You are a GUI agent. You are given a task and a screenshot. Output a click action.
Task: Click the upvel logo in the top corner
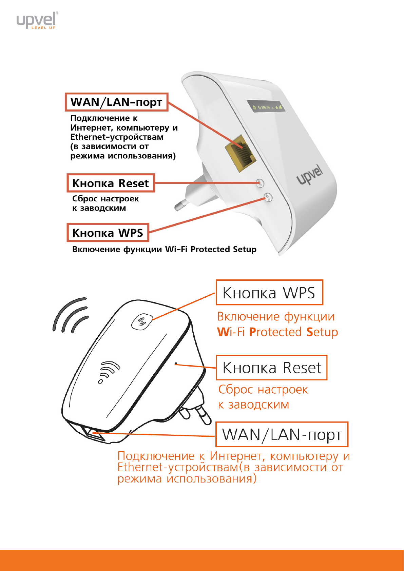[x=37, y=20]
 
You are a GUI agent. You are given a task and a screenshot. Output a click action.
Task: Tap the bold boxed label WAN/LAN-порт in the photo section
[x=116, y=102]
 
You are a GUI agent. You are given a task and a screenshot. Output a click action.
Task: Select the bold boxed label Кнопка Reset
[x=111, y=183]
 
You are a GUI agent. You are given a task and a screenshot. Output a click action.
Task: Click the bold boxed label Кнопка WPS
[x=108, y=233]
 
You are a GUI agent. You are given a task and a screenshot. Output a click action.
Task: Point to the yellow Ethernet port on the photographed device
[x=241, y=153]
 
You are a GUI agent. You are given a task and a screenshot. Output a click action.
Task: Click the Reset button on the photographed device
[x=260, y=183]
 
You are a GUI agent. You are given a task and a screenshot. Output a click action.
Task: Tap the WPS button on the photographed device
[x=268, y=197]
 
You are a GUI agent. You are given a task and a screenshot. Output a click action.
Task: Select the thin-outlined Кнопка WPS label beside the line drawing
[x=269, y=293]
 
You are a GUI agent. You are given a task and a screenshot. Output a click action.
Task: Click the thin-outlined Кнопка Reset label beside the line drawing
[x=272, y=368]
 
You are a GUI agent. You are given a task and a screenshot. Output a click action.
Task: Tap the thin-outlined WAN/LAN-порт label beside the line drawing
[x=282, y=434]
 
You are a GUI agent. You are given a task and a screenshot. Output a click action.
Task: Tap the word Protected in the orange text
[x=275, y=332]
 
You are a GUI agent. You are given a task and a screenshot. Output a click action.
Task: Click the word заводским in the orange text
[x=258, y=405]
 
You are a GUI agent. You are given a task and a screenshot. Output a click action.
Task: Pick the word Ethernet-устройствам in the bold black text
[x=117, y=137]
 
